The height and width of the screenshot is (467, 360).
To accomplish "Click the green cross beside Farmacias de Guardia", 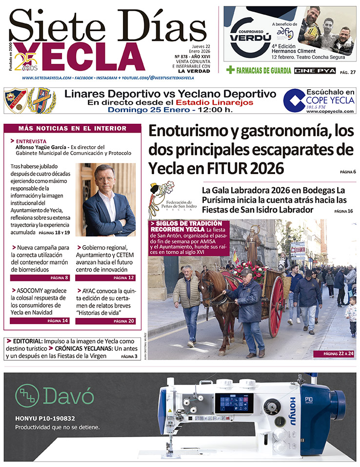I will tap(230, 70).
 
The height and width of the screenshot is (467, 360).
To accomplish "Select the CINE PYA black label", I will tap(315, 71).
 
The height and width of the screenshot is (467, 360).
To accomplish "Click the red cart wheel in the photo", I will tap(276, 307).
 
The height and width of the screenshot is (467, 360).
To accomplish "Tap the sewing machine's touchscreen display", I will tap(236, 403).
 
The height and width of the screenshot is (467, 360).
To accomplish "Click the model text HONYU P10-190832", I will tap(44, 418).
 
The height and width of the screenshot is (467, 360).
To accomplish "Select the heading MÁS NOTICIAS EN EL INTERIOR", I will tap(72, 128).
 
